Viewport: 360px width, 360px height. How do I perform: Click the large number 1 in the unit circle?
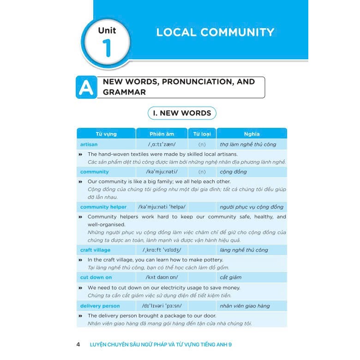[107, 48]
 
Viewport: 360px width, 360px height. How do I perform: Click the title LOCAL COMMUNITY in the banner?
[215, 32]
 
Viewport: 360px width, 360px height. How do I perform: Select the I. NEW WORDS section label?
[182, 113]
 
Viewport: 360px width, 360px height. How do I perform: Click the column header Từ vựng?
[106, 134]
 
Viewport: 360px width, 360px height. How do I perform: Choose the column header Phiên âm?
[162, 134]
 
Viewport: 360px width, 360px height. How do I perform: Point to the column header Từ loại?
[202, 134]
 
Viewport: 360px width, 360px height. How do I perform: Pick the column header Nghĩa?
[252, 134]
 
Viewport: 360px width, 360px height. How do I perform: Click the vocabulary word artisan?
[89, 144]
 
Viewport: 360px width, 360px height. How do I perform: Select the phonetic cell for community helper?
[162, 207]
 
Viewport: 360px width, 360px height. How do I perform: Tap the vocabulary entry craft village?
[95, 250]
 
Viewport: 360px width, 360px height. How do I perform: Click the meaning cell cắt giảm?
[231, 277]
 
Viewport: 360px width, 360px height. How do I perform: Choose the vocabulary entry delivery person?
[100, 306]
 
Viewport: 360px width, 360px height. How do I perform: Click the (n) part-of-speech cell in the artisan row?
[202, 144]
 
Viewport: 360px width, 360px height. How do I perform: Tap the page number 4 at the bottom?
[78, 344]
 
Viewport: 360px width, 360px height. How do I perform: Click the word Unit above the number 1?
[107, 30]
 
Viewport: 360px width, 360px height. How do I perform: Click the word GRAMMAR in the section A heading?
[124, 92]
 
